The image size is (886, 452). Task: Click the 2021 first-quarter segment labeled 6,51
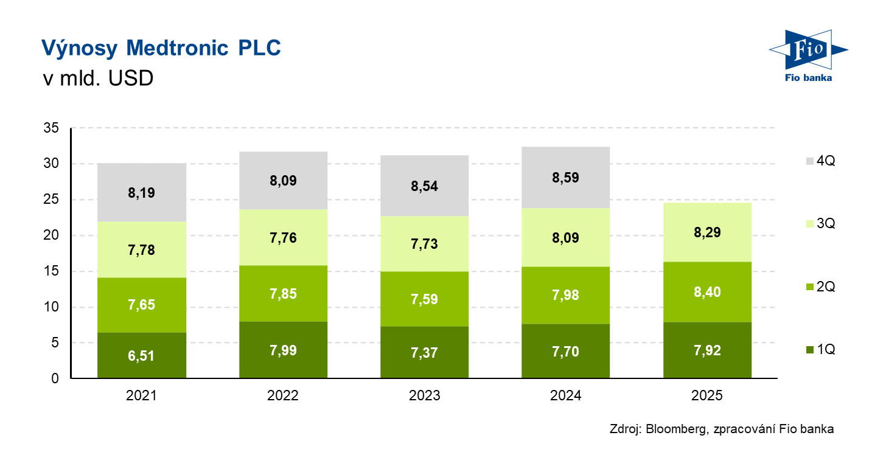142,355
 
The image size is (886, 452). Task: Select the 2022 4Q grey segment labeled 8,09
283,181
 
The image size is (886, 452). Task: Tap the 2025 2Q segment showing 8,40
707,292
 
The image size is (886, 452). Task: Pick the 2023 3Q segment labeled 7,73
424,244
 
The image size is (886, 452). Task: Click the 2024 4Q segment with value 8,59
566,178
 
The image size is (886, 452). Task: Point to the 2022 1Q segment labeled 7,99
283,350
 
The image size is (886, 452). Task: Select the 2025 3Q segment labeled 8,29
707,232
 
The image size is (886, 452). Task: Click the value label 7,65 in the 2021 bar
142,305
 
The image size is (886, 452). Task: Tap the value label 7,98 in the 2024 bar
566,295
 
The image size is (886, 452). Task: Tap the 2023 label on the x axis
424,396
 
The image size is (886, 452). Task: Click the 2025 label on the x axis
707,396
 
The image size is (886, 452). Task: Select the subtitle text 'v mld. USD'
97,78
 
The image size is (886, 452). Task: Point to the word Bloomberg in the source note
675,429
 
